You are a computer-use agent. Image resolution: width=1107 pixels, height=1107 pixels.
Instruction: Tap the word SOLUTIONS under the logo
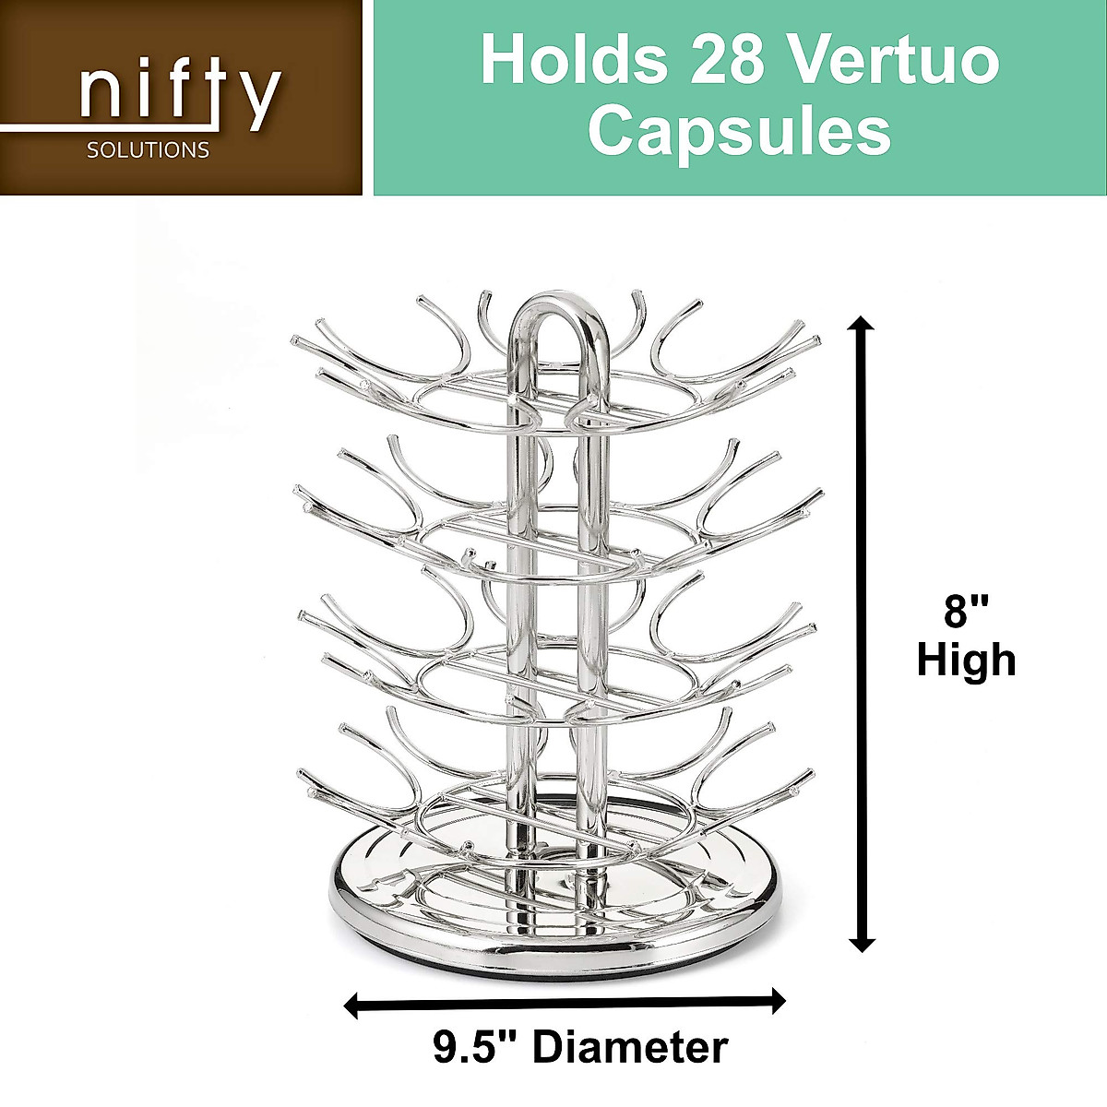(148, 149)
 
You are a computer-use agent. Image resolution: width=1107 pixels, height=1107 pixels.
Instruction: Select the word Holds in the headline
(572, 60)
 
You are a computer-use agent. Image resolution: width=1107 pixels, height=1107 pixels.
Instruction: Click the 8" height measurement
(966, 613)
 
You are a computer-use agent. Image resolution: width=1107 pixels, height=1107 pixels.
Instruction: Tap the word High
(966, 661)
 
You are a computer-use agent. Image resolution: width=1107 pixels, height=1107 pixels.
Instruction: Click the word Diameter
(631, 1047)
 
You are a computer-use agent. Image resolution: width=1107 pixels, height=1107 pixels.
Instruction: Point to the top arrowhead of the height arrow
(862, 325)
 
